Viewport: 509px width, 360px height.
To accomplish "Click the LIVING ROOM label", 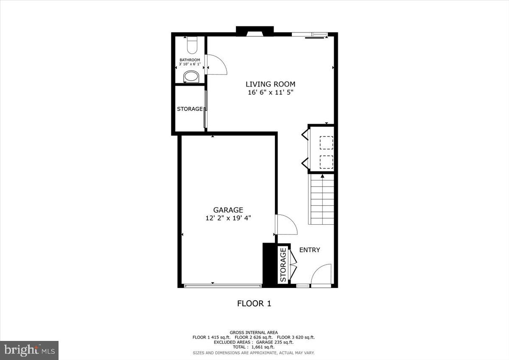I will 270,84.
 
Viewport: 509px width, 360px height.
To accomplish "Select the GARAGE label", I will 228,210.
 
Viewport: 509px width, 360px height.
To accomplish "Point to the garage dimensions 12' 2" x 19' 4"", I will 228,218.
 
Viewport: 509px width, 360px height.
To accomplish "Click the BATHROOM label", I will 190,60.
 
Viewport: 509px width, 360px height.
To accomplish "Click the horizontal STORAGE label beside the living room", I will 190,109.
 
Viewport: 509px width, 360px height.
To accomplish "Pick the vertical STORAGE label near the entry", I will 283,265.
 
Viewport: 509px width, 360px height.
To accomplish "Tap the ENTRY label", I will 310,250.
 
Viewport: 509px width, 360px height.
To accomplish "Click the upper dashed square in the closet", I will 326,143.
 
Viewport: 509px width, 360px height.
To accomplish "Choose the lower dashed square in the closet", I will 326,162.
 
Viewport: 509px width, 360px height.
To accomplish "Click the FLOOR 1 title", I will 254,304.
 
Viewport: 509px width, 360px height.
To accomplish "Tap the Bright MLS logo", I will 29,350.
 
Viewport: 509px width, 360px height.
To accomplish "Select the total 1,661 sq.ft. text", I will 254,347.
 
